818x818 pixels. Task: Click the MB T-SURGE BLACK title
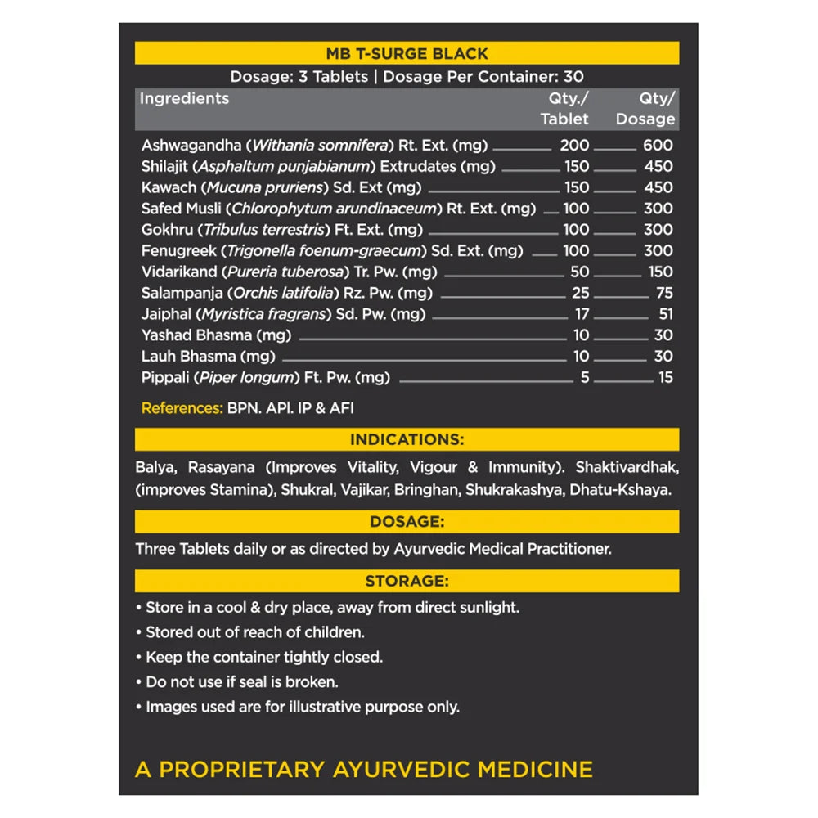coord(407,54)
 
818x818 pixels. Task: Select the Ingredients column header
coord(184,98)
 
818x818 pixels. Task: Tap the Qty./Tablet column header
coord(564,109)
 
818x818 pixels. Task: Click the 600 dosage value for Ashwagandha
coord(658,146)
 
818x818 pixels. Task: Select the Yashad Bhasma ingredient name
coord(196,335)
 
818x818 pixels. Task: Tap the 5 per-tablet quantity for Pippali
coord(585,378)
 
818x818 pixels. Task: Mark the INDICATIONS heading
coord(407,439)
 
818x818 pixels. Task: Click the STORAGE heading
coord(407,582)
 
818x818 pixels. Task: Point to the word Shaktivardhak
coord(627,468)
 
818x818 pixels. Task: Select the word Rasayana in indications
coord(222,468)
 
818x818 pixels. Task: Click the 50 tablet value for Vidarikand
coord(581,272)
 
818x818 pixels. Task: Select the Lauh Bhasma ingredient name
coord(188,357)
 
